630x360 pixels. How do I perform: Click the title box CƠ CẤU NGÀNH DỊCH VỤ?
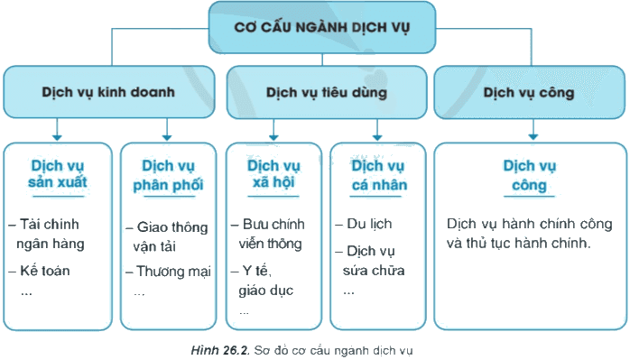[x=322, y=27]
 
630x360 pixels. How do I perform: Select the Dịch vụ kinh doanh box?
[x=109, y=92]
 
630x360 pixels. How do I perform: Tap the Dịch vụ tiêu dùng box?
[x=327, y=92]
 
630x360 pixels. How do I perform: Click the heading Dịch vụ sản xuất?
[x=58, y=173]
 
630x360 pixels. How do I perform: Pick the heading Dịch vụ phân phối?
[x=168, y=175]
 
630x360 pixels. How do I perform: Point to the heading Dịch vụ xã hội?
[x=273, y=173]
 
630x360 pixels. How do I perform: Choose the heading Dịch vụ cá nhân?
[x=378, y=175]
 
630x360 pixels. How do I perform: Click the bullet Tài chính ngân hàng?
[x=46, y=234]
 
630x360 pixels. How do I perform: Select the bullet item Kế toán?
[x=39, y=271]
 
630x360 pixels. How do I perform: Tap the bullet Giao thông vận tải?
[x=167, y=236]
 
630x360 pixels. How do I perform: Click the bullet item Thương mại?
[x=168, y=272]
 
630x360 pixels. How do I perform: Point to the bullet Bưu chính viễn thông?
[x=267, y=234]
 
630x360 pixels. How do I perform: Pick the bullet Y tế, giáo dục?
[x=262, y=281]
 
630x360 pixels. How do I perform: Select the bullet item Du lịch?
[x=364, y=224]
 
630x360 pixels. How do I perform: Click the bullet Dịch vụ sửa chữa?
[x=370, y=261]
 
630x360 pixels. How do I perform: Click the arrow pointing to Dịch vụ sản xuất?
[x=57, y=129]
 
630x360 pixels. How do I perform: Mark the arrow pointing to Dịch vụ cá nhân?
[x=377, y=130]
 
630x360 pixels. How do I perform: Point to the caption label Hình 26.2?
[x=220, y=350]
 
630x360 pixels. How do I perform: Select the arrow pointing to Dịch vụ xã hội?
[x=273, y=130]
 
